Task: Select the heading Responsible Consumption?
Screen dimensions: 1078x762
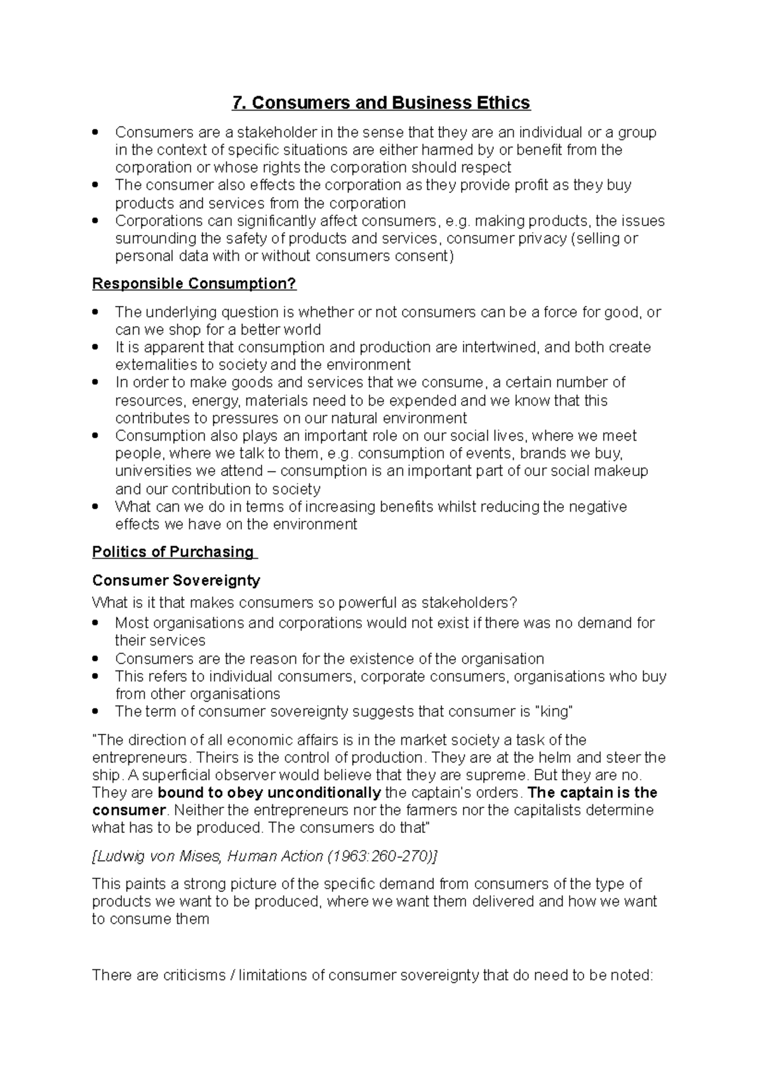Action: click(194, 284)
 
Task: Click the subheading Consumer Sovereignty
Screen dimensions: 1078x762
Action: click(176, 580)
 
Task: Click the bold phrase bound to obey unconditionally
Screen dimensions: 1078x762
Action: click(269, 793)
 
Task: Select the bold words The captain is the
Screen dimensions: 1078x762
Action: click(592, 793)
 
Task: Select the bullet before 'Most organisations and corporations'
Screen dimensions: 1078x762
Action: click(95, 623)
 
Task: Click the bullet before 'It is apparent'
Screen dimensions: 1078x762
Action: click(95, 348)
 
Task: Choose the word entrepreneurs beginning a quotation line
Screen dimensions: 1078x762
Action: click(140, 757)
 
